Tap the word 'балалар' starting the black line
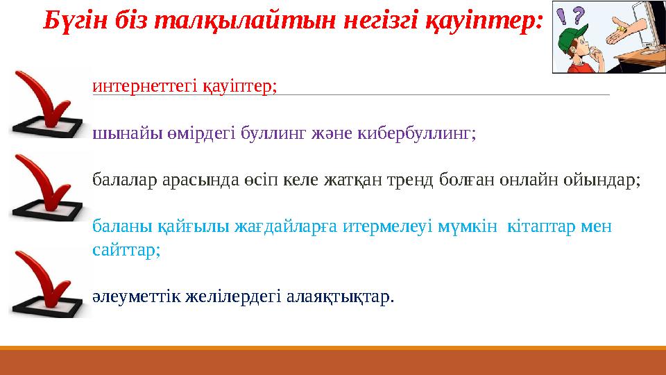[121, 181]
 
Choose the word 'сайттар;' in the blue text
[126, 250]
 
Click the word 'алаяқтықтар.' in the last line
[341, 297]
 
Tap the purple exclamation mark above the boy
[564, 14]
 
